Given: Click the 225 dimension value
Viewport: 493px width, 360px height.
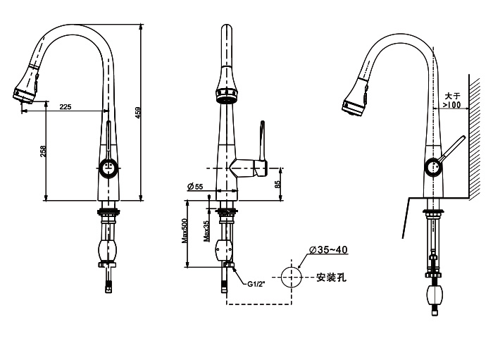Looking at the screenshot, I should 65,106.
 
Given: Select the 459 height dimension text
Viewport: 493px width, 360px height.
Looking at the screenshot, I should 147,113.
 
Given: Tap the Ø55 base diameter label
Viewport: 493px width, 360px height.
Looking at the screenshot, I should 195,186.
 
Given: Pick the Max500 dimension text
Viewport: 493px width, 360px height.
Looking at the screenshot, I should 185,230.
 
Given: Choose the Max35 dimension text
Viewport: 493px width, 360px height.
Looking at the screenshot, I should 206,232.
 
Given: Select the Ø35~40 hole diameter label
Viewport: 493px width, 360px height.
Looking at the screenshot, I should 327,250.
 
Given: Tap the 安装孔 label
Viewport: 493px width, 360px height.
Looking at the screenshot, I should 330,277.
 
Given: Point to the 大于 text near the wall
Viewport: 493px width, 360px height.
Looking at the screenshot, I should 451,95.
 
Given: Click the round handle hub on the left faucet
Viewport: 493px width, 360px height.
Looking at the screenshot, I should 108,168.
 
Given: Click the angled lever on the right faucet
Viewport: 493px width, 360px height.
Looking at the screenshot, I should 451,150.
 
